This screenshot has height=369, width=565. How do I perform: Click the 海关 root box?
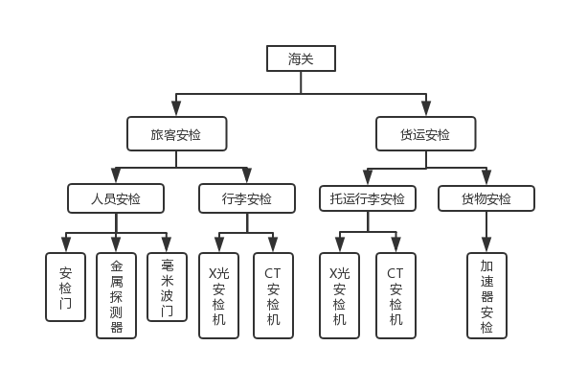tap(301, 58)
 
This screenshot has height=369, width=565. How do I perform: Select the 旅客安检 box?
tap(176, 134)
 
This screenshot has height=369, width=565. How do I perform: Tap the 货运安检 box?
tap(425, 134)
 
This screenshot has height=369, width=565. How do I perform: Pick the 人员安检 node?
tap(116, 198)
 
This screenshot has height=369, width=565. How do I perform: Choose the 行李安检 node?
tap(247, 198)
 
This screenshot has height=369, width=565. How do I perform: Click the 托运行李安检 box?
tap(368, 198)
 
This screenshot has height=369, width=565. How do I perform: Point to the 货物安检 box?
tap(486, 198)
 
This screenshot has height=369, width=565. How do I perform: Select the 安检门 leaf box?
tap(65, 288)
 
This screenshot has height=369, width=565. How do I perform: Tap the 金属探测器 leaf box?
tap(116, 296)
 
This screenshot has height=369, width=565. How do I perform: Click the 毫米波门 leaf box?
tap(167, 288)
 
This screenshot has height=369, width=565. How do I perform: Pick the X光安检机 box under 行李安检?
tap(218, 296)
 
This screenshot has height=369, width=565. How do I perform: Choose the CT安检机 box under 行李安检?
tap(273, 296)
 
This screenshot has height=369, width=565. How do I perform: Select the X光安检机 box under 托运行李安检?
tap(339, 296)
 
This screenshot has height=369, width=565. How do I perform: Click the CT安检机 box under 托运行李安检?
tap(395, 296)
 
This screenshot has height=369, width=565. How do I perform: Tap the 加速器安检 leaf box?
tap(486, 296)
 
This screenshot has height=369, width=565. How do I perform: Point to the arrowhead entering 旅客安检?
tap(176, 108)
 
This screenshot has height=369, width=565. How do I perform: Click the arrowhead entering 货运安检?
tap(426, 108)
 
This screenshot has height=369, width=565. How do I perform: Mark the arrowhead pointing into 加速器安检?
tap(486, 245)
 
